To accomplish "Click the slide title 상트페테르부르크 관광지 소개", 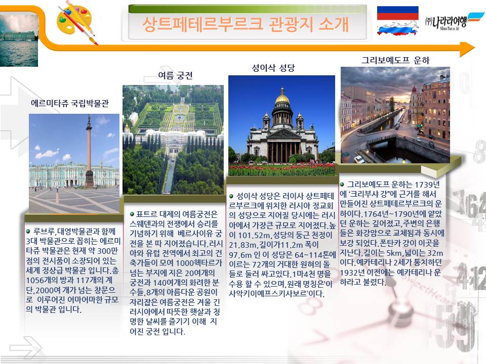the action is (x=246, y=24).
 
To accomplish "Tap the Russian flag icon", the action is (x=398, y=21).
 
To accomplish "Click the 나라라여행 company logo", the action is (x=454, y=21).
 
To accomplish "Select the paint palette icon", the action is (x=76, y=22).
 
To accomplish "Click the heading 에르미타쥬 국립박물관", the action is (x=70, y=103).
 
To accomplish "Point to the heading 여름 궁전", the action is (x=176, y=75).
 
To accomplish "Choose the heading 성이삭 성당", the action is (x=273, y=68).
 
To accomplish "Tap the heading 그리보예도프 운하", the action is (x=395, y=60).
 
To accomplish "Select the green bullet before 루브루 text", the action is (x=28, y=231).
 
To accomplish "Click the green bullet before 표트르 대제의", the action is (x=132, y=214).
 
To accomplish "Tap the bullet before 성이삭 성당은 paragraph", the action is (x=231, y=196).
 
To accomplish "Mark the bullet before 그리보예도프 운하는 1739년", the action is (x=342, y=185).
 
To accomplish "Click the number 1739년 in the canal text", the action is (x=427, y=185).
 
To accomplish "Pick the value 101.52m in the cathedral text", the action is (x=249, y=235).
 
